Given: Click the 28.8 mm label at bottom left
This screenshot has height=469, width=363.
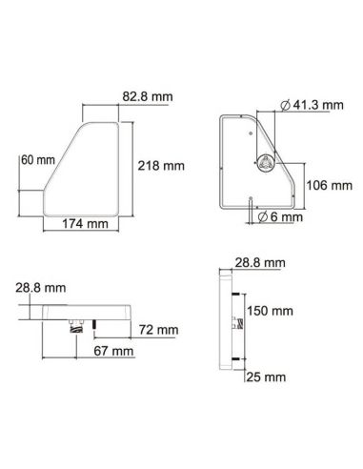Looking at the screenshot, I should (40, 286).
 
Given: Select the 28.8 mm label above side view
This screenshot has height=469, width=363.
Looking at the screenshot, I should (259, 261).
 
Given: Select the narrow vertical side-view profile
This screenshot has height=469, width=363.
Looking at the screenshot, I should (225, 319).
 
